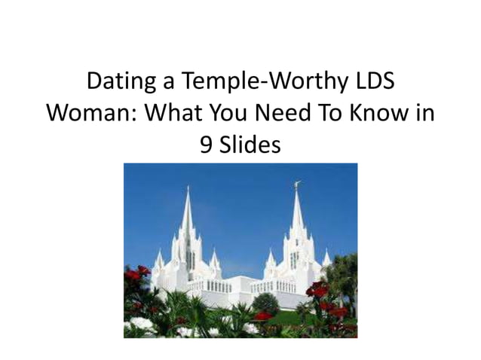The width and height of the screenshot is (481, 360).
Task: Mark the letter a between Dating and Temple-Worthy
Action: click(x=168, y=83)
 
